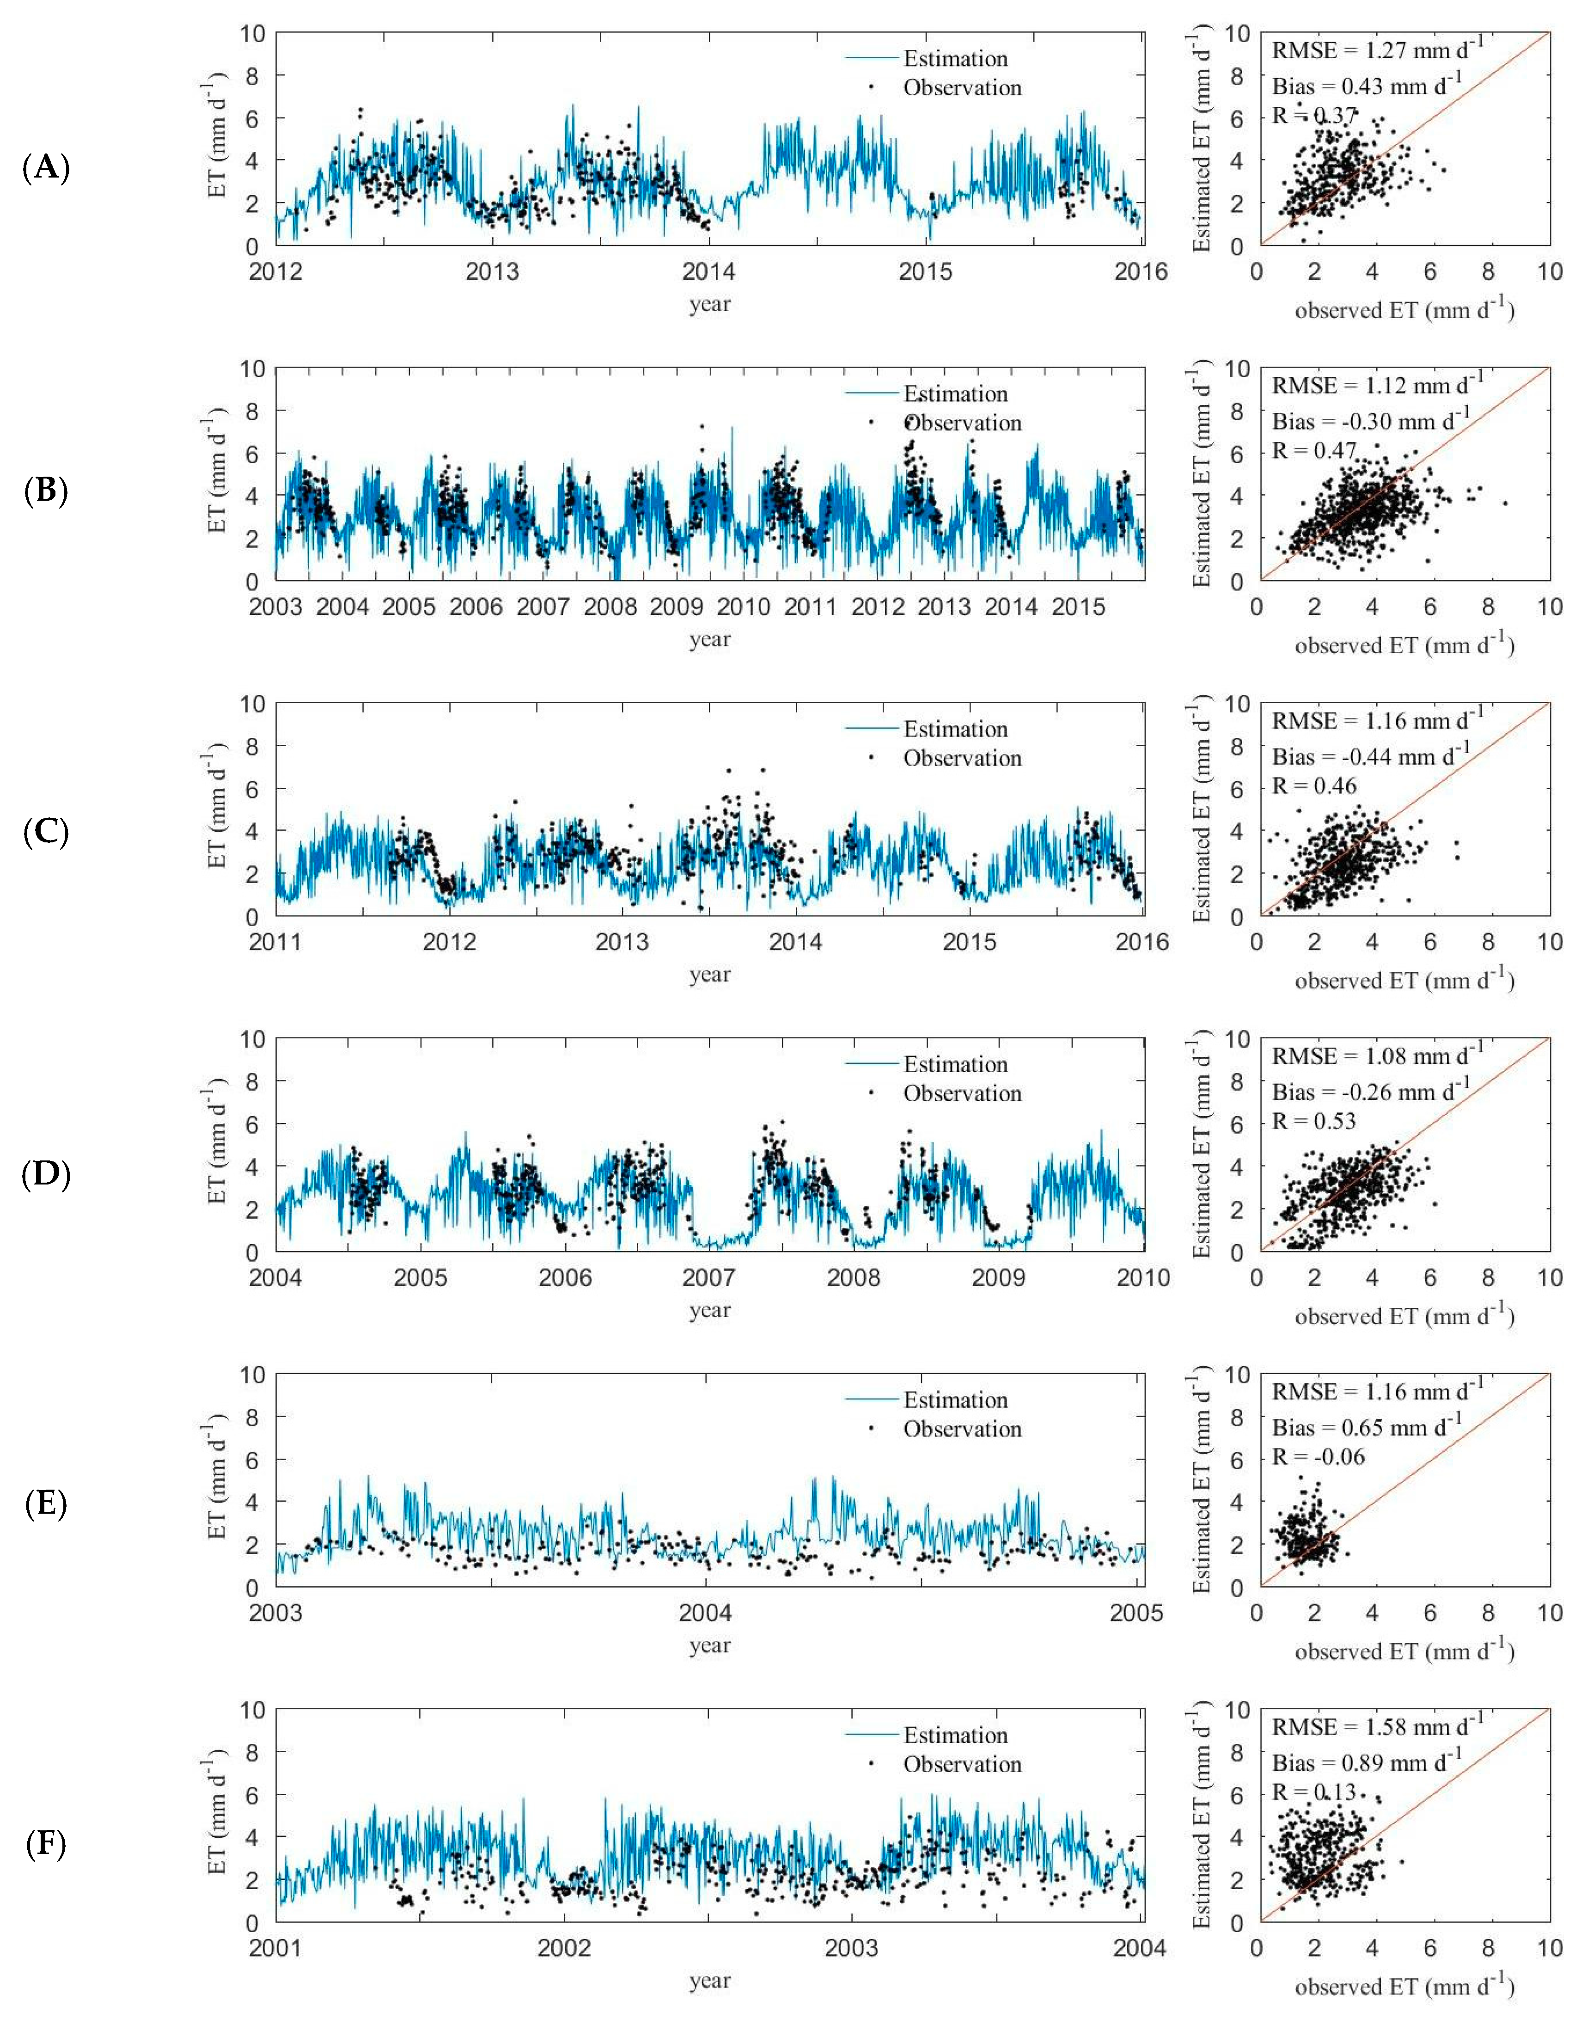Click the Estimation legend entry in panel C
(x=955, y=729)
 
